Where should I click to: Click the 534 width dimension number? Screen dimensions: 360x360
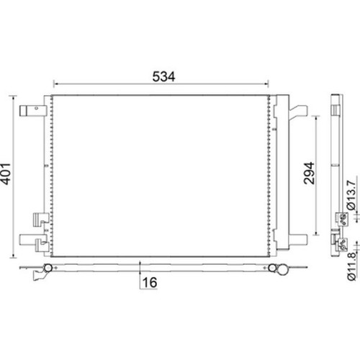point(163,76)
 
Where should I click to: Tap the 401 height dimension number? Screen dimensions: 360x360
point(6,174)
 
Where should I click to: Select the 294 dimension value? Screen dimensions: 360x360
point(309,174)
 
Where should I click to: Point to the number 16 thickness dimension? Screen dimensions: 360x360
point(150,282)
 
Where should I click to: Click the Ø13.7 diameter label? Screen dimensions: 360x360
point(351,195)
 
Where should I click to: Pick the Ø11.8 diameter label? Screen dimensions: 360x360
point(351,266)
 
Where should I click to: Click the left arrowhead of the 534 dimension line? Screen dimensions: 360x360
point(55,84)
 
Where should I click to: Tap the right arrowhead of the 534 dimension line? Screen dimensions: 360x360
point(266,84)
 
